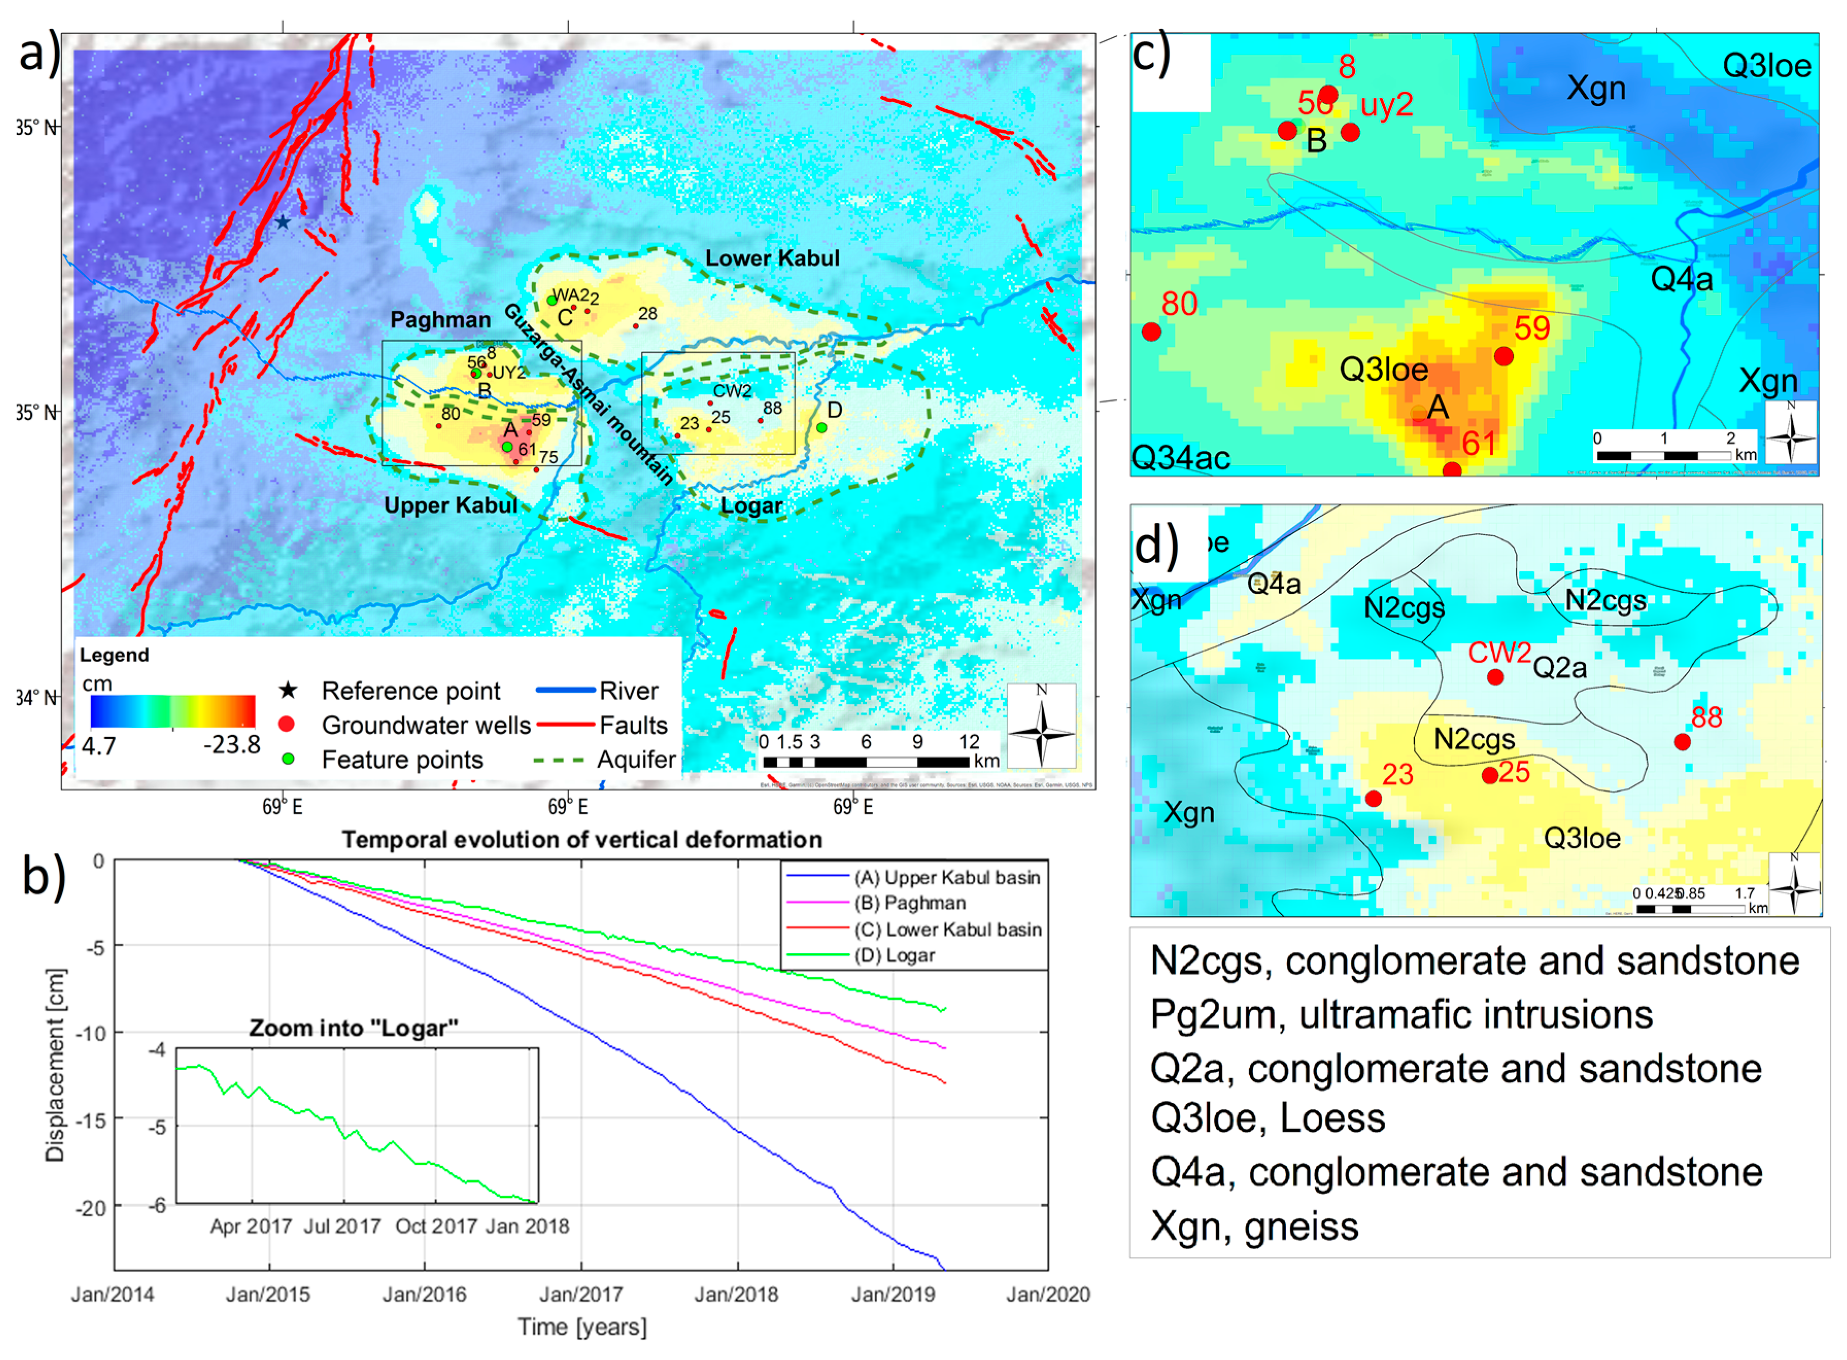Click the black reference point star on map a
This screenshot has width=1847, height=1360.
(x=282, y=222)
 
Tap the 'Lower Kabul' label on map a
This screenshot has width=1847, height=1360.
(x=772, y=259)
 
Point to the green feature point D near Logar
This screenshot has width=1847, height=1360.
(x=822, y=427)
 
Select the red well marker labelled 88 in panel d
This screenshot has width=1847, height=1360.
(x=1682, y=742)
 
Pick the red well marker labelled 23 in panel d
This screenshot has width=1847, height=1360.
(x=1373, y=798)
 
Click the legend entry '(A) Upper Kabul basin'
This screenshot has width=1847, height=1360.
(x=947, y=878)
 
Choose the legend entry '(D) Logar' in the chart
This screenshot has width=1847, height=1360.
(x=894, y=955)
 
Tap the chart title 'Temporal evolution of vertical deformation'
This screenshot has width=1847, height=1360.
(x=582, y=840)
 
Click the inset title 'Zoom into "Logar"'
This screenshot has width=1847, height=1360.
(x=354, y=1028)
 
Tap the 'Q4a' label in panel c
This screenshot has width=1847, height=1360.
(x=1682, y=280)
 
